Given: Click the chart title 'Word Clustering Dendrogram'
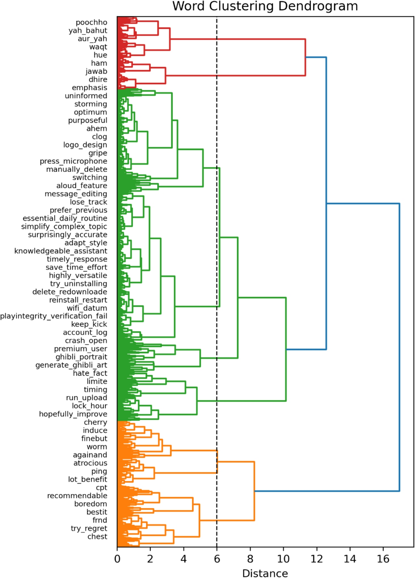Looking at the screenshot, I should (265, 6).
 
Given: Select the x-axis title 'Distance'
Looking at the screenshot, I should (265, 573).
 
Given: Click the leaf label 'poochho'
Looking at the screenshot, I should (91, 22).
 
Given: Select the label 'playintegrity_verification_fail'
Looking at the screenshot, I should (54, 316).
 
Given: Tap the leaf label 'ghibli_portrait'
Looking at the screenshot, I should (81, 357).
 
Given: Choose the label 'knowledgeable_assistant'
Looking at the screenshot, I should (61, 251).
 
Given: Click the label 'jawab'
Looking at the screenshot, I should (96, 71).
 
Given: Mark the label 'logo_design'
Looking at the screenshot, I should (85, 145).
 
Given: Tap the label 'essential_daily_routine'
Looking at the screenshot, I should (65, 218).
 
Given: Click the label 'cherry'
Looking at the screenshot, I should (95, 422).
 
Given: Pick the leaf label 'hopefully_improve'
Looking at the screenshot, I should (73, 414).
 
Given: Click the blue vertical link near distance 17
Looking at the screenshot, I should (399, 347).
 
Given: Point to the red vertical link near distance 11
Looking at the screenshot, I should (305, 57).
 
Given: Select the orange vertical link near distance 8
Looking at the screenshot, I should (254, 491).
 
